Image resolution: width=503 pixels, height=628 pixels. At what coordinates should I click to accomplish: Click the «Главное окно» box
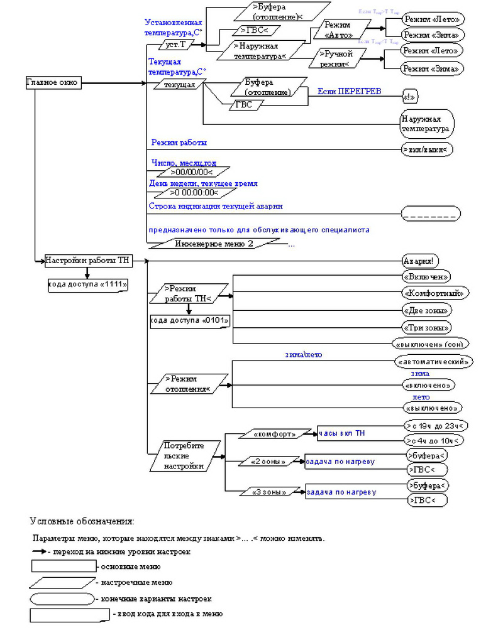click(53, 83)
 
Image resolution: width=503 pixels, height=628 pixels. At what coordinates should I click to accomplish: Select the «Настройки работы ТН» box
click(88, 260)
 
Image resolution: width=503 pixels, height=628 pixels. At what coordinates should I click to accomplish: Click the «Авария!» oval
click(421, 261)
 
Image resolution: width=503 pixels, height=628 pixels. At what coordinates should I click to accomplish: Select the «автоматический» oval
click(433, 362)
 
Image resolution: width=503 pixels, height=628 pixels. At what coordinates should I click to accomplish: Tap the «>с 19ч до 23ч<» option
click(436, 426)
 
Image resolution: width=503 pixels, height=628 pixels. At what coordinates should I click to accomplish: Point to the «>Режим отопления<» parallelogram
click(189, 384)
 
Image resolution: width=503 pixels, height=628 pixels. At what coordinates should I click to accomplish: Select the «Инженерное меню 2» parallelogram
click(214, 244)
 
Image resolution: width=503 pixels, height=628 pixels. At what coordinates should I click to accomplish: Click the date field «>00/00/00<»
click(192, 171)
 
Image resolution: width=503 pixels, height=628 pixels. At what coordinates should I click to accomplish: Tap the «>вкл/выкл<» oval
click(427, 149)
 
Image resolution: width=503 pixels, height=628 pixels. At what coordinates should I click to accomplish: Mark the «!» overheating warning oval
click(410, 97)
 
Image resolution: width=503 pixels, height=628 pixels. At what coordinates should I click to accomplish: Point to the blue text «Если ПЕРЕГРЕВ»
click(349, 92)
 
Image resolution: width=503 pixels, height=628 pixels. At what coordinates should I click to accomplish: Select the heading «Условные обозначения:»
click(82, 521)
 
